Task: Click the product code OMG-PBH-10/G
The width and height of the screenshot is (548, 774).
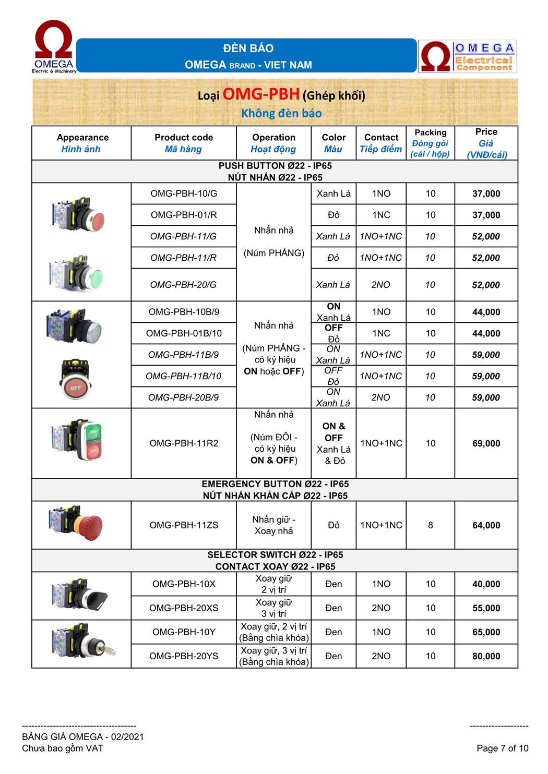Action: point(184,194)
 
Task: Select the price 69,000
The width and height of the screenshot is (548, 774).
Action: point(486,443)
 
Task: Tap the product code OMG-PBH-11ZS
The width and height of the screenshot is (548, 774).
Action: point(184,525)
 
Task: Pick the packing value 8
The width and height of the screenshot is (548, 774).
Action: point(430,525)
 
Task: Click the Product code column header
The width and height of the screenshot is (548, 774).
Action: point(184,143)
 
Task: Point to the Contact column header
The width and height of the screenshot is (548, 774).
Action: point(381,143)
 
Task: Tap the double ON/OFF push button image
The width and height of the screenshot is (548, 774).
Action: point(82,440)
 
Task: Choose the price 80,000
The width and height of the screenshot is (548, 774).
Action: point(486,656)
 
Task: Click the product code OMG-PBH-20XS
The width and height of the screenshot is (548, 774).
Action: point(184,608)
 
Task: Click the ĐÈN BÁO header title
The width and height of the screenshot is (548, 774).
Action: point(248,49)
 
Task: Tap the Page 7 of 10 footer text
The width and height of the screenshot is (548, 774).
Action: point(502,748)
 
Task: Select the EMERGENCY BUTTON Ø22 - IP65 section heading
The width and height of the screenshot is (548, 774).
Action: point(275,484)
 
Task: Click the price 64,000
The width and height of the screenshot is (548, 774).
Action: point(486,525)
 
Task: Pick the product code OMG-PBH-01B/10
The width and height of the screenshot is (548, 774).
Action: point(184,333)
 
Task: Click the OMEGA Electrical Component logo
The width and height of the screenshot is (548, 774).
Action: point(468,57)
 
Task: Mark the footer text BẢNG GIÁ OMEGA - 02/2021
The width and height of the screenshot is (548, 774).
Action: point(83,737)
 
